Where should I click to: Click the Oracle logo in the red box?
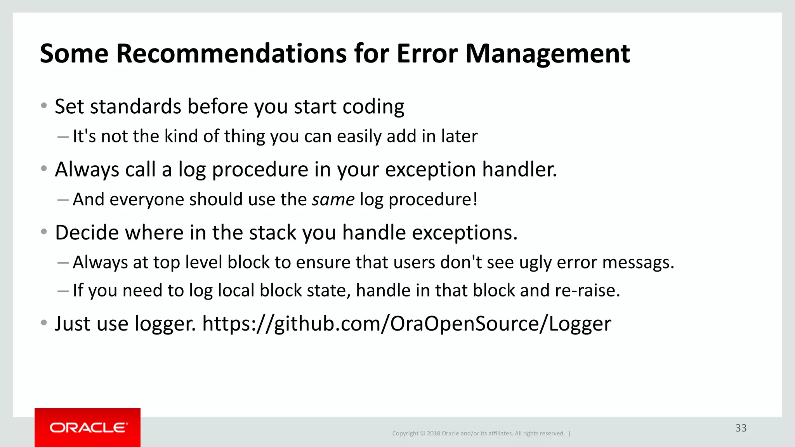tap(88, 428)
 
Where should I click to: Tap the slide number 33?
tap(741, 428)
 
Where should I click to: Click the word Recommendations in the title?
tap(231, 54)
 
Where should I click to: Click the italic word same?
tap(333, 199)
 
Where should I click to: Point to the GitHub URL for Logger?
tap(406, 324)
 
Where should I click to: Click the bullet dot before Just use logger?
tap(44, 323)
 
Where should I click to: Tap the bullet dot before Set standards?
tap(44, 106)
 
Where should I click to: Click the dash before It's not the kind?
tap(63, 137)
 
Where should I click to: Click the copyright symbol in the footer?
tap(423, 433)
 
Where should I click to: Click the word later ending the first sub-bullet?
tap(459, 137)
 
